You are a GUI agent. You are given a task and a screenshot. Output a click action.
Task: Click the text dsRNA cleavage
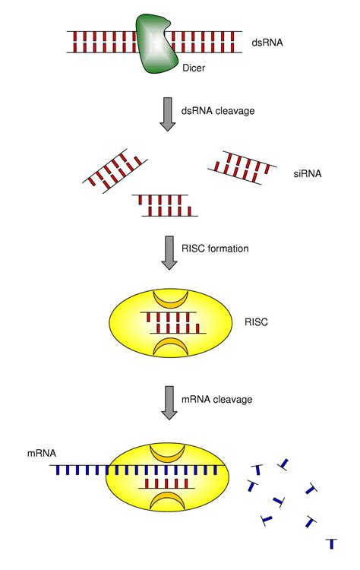click(217, 111)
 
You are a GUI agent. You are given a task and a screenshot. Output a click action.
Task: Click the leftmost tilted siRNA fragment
click(115, 172)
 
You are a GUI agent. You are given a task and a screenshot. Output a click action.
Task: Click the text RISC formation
click(216, 248)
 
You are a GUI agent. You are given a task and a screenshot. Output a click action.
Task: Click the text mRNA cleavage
click(217, 397)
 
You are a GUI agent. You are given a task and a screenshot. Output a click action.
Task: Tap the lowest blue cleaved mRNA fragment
click(331, 543)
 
